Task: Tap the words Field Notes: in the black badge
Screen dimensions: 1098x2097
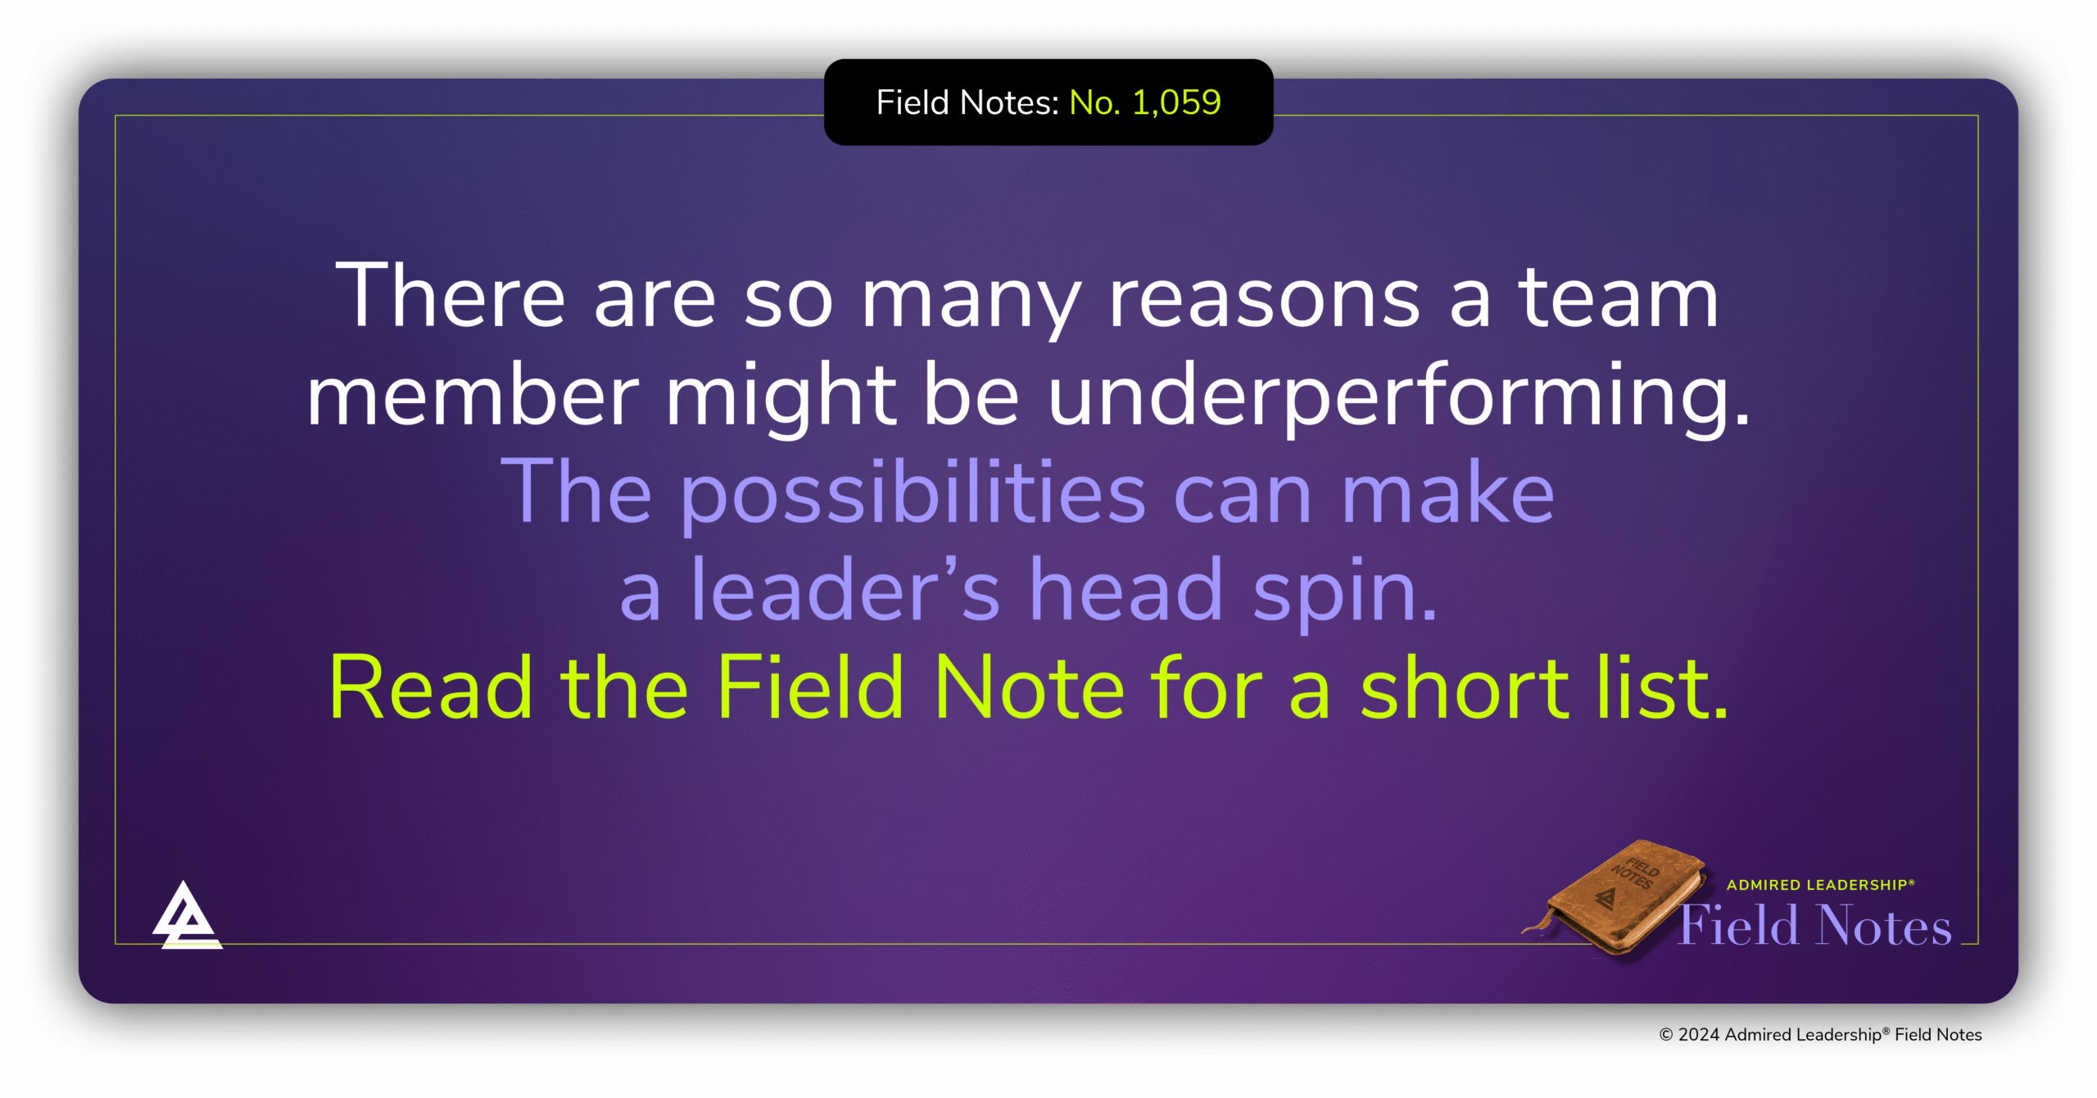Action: (x=967, y=102)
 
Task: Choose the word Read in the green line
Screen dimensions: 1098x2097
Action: (x=431, y=688)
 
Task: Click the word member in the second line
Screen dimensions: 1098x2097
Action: (x=473, y=396)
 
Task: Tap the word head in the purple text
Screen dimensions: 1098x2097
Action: (x=1125, y=591)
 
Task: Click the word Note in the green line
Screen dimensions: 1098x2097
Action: (x=1029, y=688)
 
